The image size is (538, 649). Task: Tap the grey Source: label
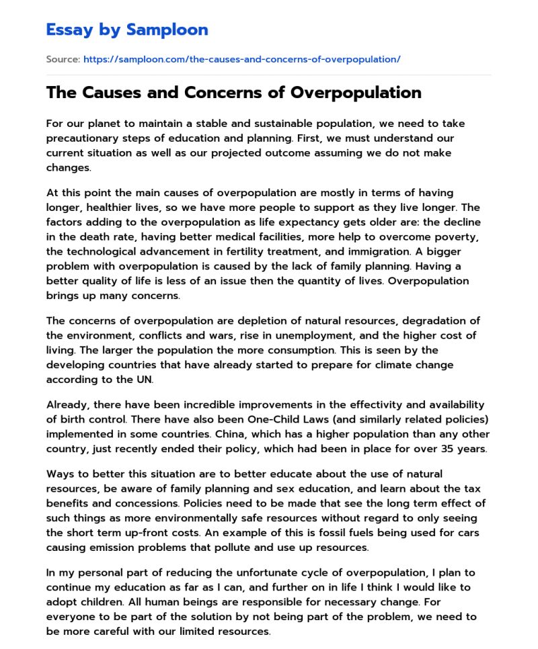[63, 59]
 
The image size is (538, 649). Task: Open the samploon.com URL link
[241, 59]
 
